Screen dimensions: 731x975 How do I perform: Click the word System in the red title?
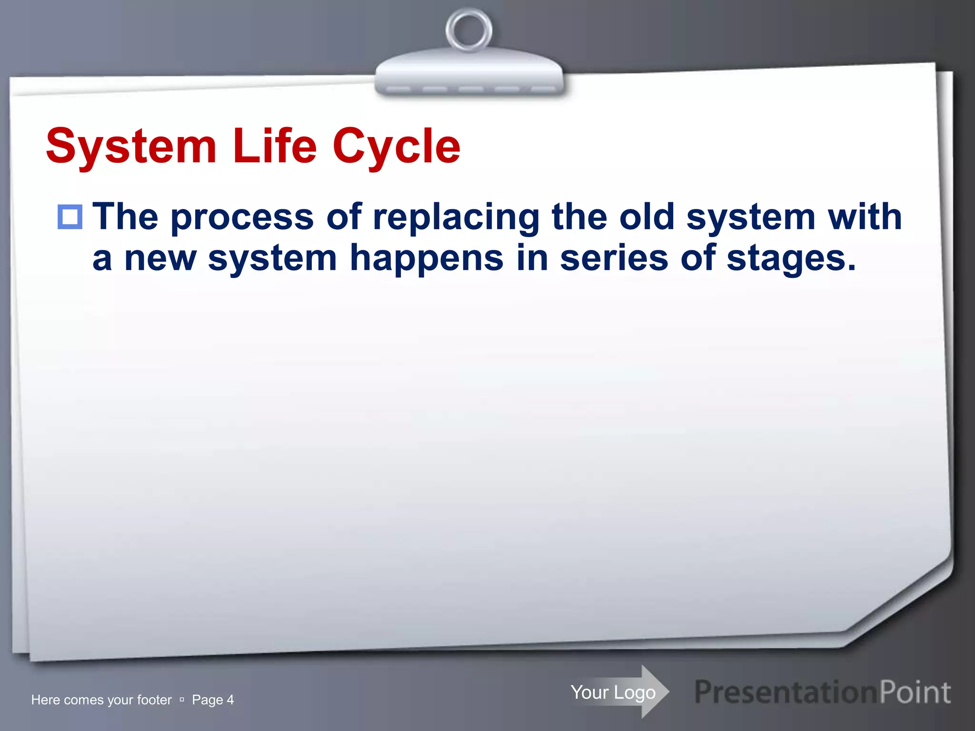(131, 147)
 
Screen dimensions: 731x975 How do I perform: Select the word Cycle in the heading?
(396, 147)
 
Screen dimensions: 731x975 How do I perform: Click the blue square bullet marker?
(70, 217)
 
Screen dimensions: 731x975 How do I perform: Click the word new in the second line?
(160, 258)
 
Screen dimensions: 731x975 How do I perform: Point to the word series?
(614, 258)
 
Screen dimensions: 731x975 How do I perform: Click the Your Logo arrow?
(619, 692)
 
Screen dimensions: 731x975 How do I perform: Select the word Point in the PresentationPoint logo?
(914, 692)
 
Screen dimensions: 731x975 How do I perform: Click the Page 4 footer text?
(212, 700)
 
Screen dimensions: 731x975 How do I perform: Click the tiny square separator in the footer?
(182, 700)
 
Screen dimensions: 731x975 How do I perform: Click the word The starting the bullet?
(125, 217)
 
